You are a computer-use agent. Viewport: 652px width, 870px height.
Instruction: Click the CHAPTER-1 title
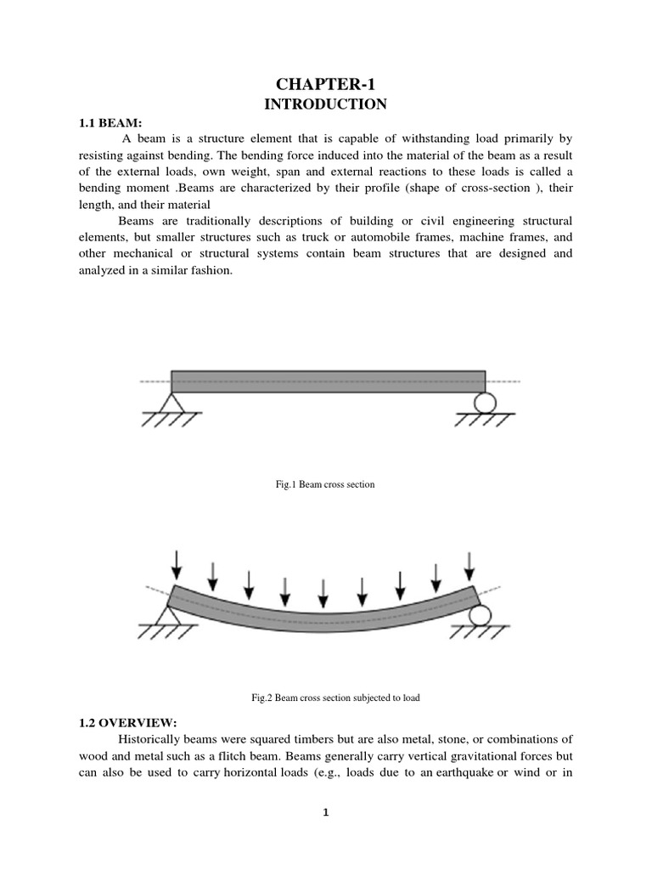click(326, 84)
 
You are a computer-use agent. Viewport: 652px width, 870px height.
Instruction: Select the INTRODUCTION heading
click(326, 105)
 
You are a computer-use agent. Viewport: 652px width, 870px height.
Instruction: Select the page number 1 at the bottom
click(325, 812)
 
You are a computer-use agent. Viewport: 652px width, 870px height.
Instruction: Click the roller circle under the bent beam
click(479, 614)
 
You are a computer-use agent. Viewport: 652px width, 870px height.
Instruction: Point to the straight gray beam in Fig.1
click(328, 381)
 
